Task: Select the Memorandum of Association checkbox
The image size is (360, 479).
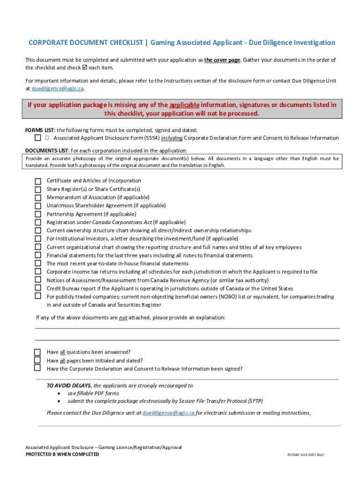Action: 38,198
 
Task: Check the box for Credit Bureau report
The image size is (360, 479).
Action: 38,289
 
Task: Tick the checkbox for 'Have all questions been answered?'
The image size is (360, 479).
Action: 38,352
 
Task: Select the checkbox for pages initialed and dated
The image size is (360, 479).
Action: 38,360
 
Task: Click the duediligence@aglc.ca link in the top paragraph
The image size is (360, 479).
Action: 58,88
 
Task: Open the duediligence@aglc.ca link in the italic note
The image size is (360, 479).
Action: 169,413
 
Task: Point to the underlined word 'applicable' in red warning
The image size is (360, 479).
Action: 184,105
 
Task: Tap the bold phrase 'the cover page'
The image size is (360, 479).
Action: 222,60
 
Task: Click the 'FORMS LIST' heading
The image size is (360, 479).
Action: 40,130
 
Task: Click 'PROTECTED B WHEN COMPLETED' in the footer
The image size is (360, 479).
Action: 62,454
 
